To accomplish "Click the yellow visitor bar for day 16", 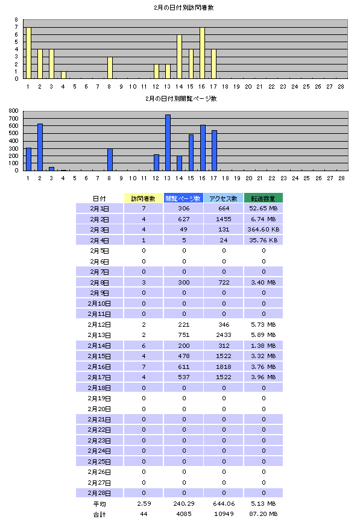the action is pos(202,53).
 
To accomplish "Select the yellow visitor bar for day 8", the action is pos(110,68).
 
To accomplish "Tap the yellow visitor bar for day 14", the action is pos(179,57).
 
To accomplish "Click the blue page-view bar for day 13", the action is pos(168,143).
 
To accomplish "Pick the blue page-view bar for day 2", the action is pos(40,147).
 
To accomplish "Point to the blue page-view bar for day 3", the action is pos(51,169).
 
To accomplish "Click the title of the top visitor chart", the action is pos(184,8).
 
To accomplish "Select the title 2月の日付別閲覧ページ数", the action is pos(181,99).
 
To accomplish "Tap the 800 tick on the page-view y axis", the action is pos(14,111).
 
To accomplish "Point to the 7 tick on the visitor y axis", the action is pos(16,27).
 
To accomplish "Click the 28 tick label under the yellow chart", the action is pos(341,87).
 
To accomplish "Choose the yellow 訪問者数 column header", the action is pos(144,198).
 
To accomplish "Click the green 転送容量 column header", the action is pos(264,198).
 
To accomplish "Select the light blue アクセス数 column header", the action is pos(224,198).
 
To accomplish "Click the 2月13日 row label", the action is pos(99,335).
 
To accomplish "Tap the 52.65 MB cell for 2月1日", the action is pos(264,208).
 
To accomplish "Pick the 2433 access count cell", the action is pos(224,335).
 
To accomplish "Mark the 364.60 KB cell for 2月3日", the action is pos(264,230).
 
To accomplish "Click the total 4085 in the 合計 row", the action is pos(184,514).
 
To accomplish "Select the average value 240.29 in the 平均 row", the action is pos(184,503).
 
